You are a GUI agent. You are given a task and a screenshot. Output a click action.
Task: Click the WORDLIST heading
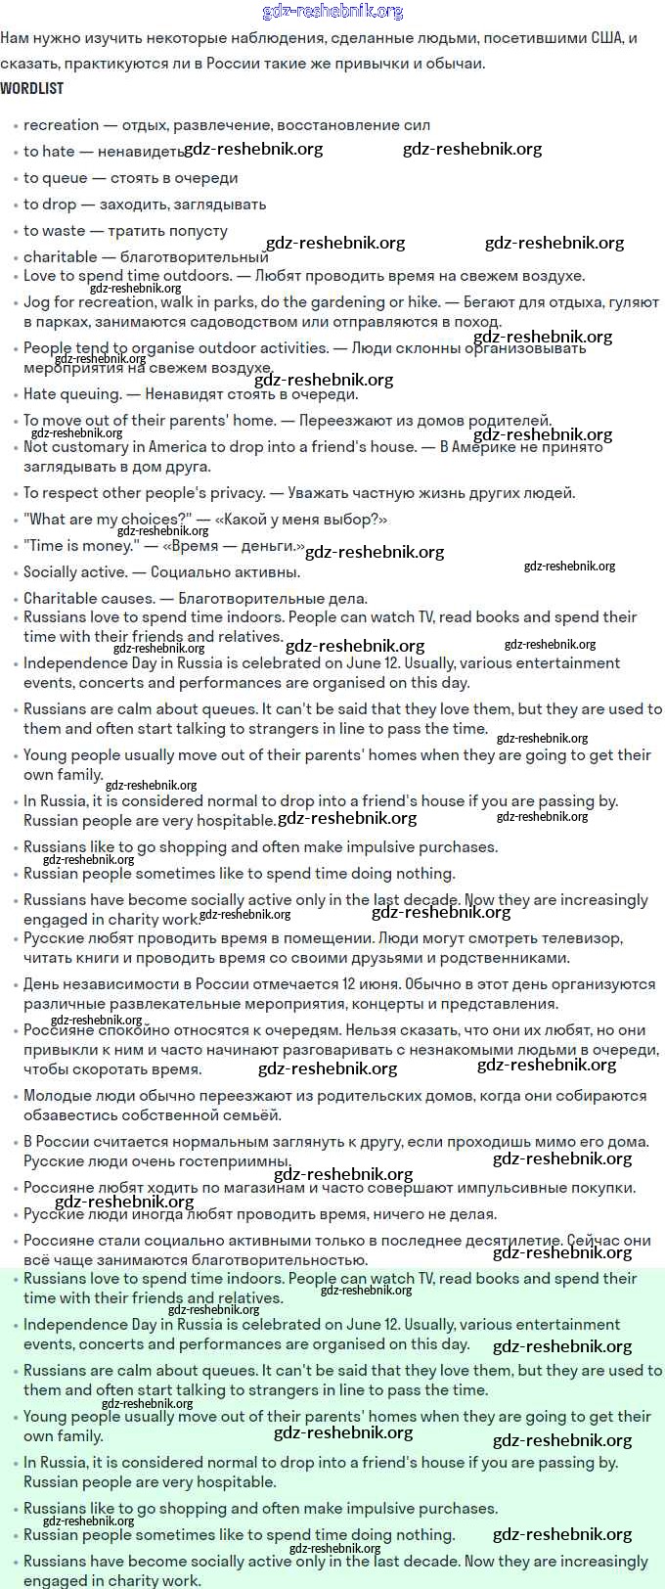pyautogui.click(x=31, y=88)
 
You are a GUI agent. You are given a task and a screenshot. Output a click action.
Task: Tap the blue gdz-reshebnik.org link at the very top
pyautogui.click(x=332, y=12)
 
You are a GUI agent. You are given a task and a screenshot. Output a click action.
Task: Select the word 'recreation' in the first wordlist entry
pyautogui.click(x=61, y=125)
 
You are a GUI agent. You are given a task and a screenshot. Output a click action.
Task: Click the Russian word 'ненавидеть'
pyautogui.click(x=140, y=152)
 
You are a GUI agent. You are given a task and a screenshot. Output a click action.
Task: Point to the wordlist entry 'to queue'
pyautogui.click(x=55, y=178)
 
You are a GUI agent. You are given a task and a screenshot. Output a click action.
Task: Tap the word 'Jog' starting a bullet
pyautogui.click(x=36, y=302)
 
